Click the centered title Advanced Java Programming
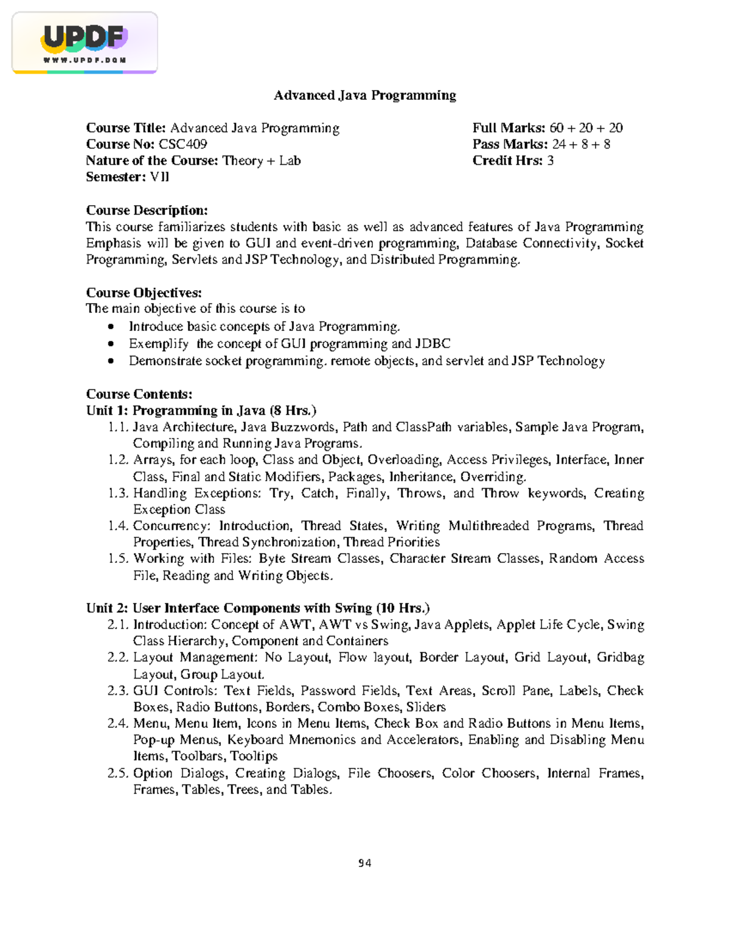coord(364,96)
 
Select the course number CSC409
coord(182,144)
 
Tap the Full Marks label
coord(509,128)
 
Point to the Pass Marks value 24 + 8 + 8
coord(581,144)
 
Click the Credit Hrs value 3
coord(551,161)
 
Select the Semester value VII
coord(159,177)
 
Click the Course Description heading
coord(147,211)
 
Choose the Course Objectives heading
coord(144,293)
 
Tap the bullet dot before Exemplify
coord(111,344)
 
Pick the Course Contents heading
coord(139,394)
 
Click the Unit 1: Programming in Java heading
coord(201,411)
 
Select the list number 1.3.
coord(118,493)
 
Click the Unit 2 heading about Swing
coord(257,608)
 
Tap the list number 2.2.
coord(117,658)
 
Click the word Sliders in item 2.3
coord(426,707)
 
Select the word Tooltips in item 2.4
coord(254,756)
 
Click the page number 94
coord(364,863)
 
